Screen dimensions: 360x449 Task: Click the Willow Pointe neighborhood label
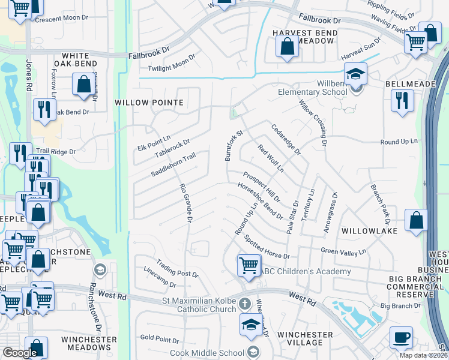coord(149,103)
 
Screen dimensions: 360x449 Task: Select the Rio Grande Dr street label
coord(185,204)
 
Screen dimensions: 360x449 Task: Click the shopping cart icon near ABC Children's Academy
coord(249,265)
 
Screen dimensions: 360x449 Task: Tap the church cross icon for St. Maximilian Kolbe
coord(244,302)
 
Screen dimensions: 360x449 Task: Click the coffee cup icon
coord(401,337)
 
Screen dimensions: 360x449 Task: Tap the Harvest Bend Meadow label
coord(303,37)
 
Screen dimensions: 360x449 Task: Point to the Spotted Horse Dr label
coord(267,247)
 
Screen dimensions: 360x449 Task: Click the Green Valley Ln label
coord(343,251)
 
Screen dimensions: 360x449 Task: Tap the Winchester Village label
coord(305,338)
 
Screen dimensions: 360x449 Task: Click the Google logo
coord(20,353)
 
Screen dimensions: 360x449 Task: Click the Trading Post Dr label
coord(177,268)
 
